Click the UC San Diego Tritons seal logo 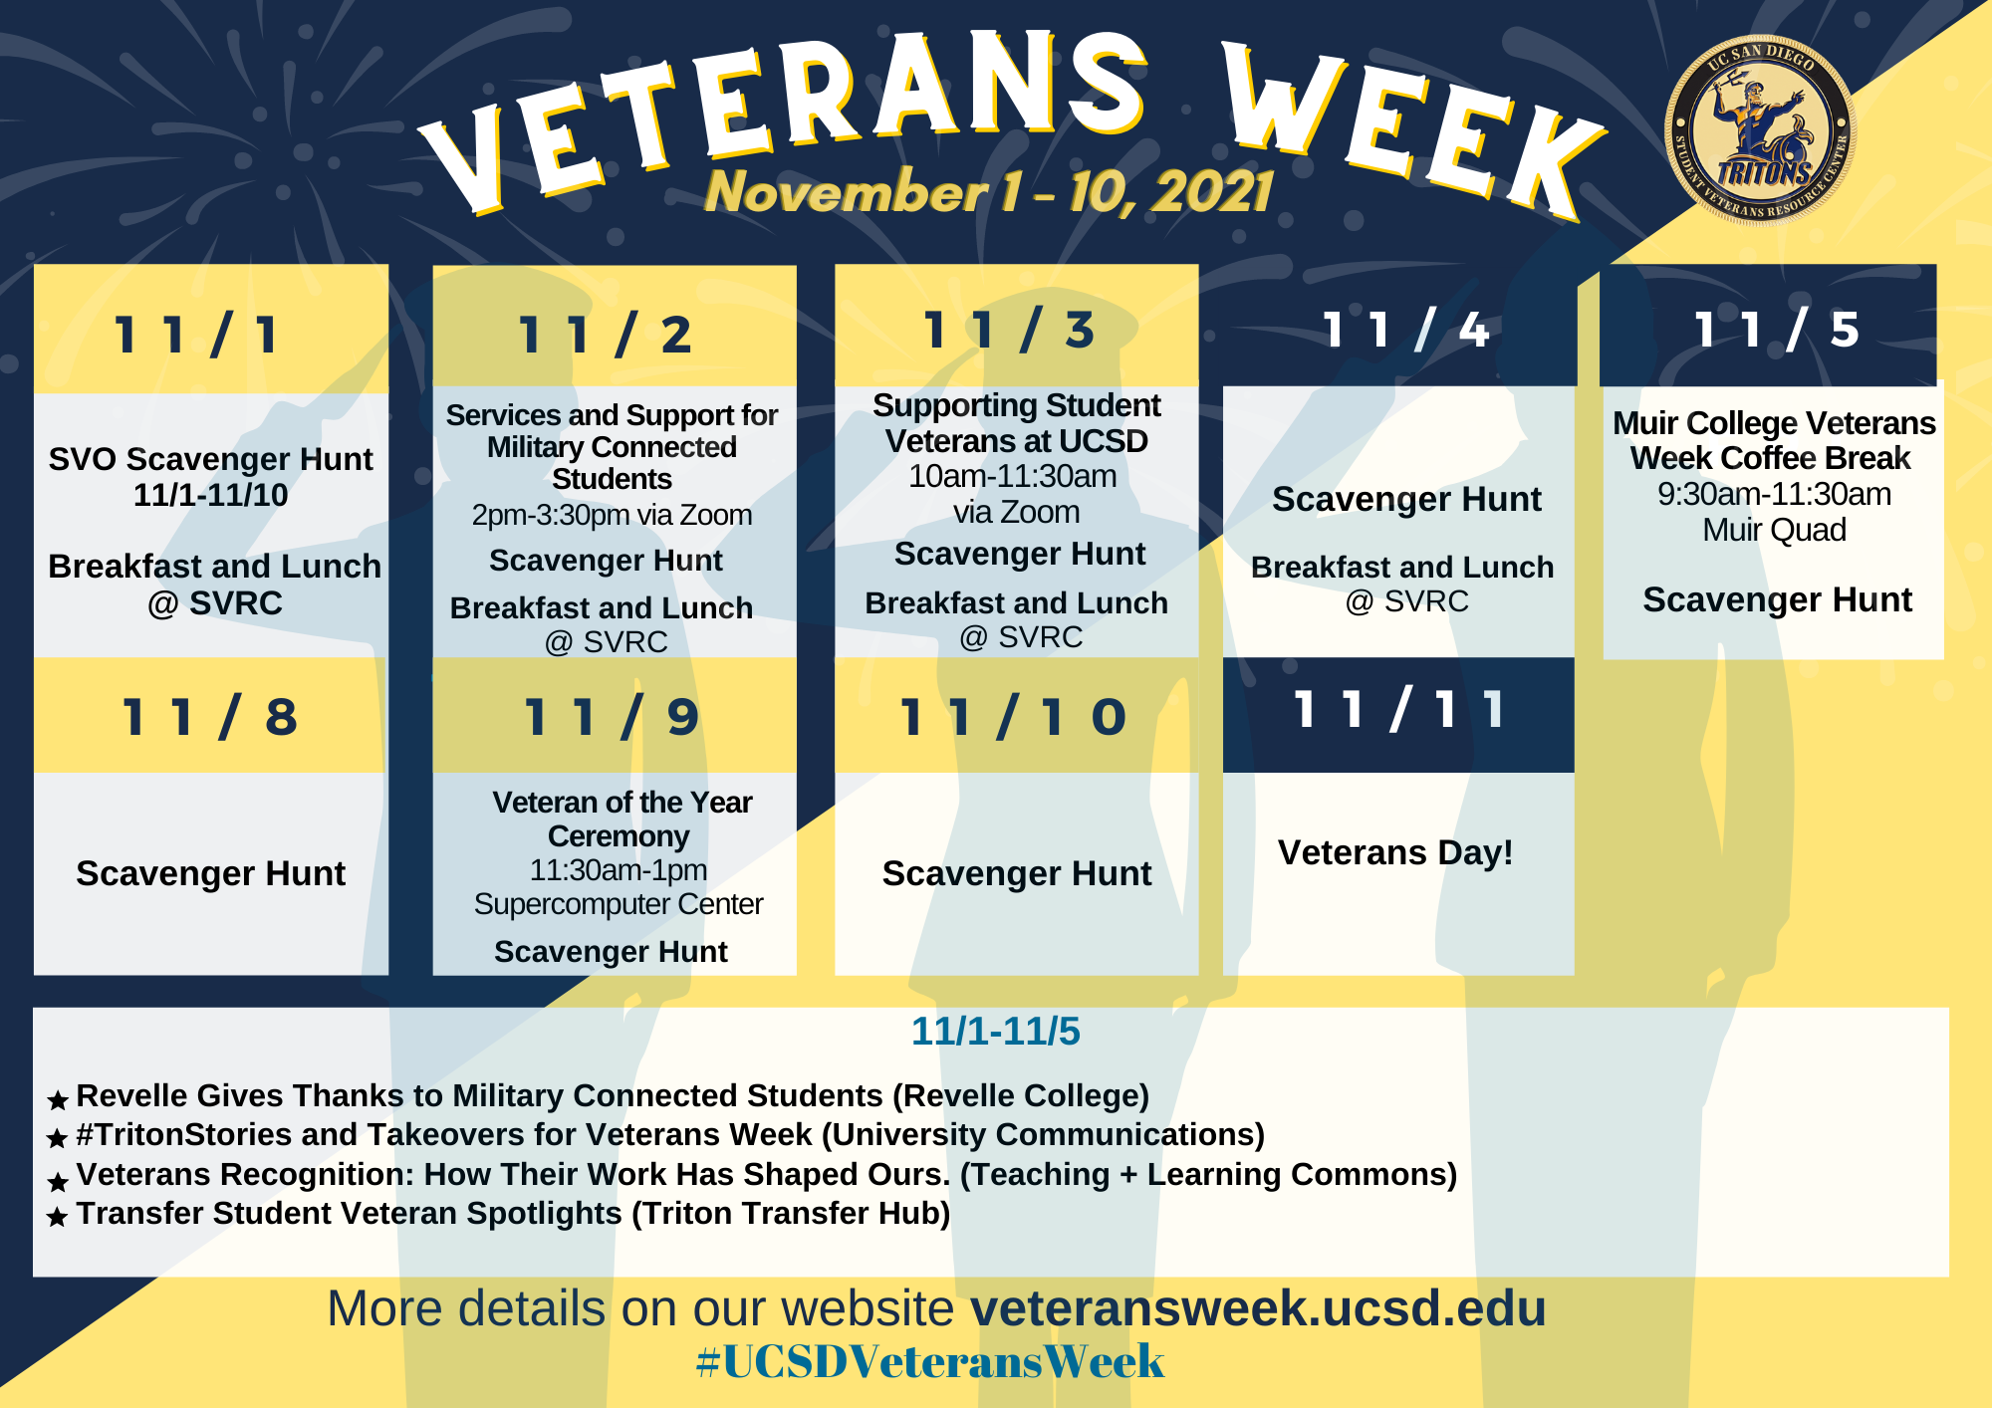(x=1760, y=129)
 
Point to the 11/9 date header (x=612, y=717)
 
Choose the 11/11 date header (x=1398, y=710)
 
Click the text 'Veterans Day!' (x=1395, y=852)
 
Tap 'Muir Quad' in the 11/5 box (x=1774, y=530)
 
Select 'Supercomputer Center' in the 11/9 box (x=619, y=904)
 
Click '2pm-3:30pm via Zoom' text (x=612, y=515)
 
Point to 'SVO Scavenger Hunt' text (x=210, y=459)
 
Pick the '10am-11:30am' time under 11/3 (x=1012, y=476)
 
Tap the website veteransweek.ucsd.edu (x=1258, y=1308)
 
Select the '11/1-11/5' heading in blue (x=995, y=1032)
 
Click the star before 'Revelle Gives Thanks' (x=58, y=1099)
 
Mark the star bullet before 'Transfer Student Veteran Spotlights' (x=58, y=1217)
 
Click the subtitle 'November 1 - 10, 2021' (x=988, y=191)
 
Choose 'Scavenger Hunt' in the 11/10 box (x=1016, y=873)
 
